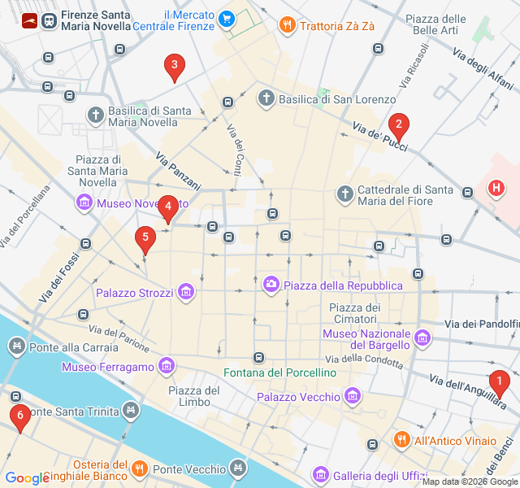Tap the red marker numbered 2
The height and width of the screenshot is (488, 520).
(x=398, y=126)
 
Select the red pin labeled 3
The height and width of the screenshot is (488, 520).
(x=173, y=66)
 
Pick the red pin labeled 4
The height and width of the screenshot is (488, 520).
(x=167, y=207)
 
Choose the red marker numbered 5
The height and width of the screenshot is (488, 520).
(x=145, y=238)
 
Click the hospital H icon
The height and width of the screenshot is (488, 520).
(x=495, y=189)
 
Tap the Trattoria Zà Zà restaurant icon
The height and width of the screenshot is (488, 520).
(x=286, y=25)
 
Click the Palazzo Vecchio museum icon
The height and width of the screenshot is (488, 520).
(x=352, y=397)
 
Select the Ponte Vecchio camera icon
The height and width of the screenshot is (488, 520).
(x=237, y=468)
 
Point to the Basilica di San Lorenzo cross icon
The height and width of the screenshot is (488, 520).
(x=266, y=99)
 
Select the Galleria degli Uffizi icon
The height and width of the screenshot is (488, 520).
(x=320, y=474)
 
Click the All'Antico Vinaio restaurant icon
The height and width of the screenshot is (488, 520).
(x=401, y=440)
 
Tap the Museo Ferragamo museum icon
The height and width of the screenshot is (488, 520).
(x=167, y=367)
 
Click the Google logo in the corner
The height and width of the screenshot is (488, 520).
(x=27, y=477)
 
